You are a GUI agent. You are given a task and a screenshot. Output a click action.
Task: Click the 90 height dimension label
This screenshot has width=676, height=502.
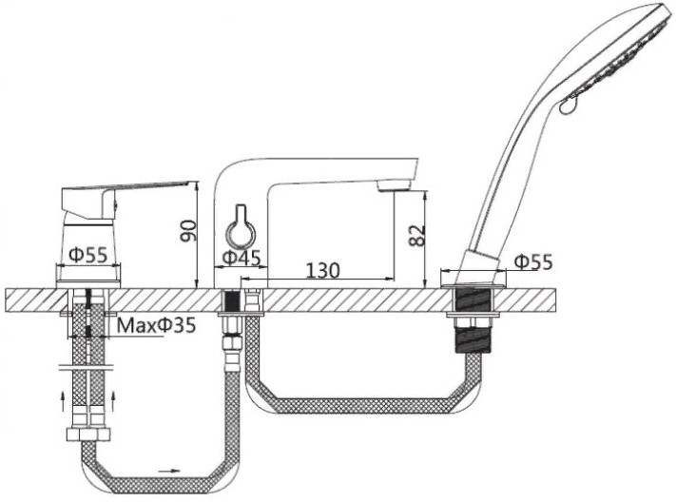(189, 231)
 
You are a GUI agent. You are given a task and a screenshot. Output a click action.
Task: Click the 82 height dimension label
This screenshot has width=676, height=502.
(416, 235)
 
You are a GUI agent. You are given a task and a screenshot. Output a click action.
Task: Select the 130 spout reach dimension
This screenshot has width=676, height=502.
(323, 270)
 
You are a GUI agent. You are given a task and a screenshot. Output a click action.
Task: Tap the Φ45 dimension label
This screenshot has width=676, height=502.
(241, 258)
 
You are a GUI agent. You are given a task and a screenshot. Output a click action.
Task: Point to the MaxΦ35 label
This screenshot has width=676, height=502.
(157, 325)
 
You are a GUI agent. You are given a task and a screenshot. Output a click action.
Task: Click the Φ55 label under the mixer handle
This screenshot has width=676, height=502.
(88, 255)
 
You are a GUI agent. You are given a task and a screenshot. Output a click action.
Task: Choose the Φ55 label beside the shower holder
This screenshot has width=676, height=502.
(533, 261)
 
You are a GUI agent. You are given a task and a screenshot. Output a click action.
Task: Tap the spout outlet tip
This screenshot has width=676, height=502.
(394, 186)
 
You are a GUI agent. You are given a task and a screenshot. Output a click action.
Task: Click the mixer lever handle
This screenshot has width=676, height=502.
(125, 187)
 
